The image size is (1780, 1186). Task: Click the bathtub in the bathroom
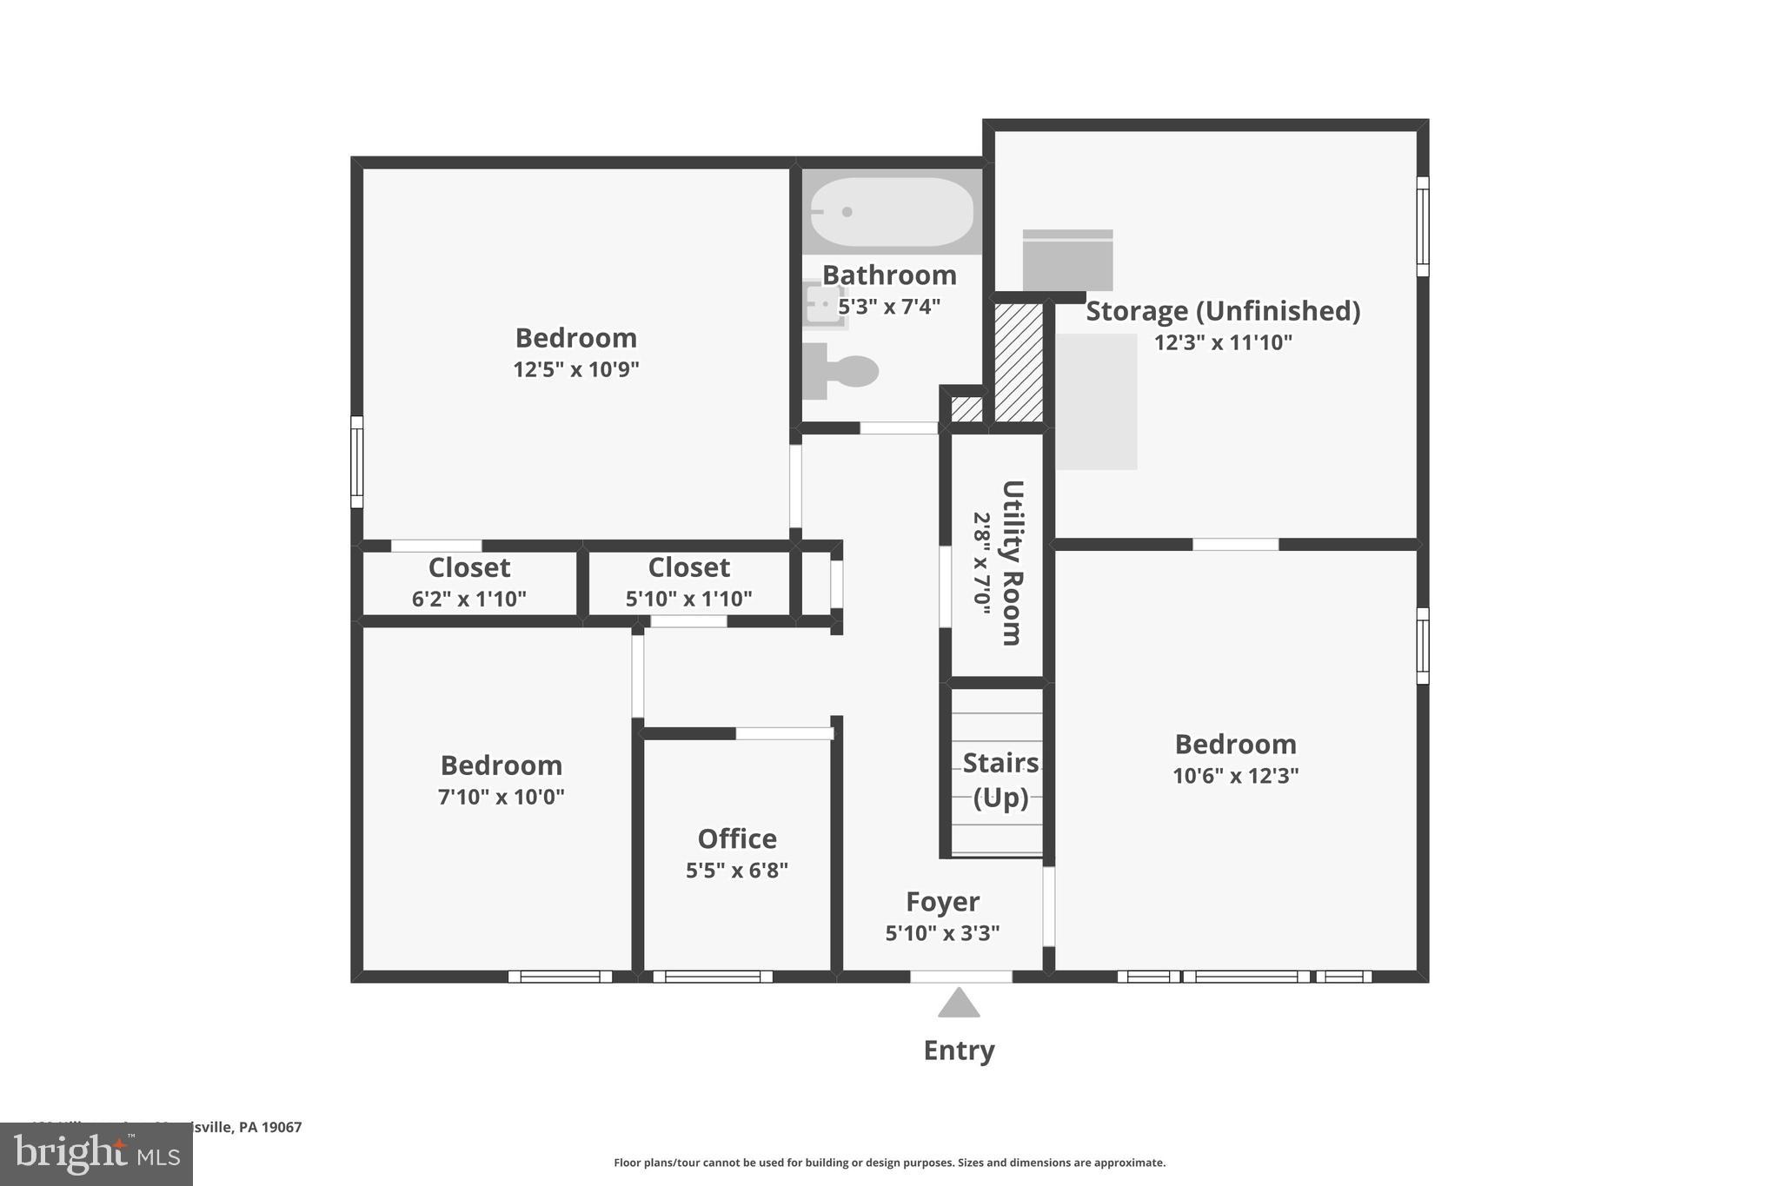point(892,212)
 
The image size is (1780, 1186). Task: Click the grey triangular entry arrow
point(959,1004)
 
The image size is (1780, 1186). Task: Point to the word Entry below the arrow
point(959,1050)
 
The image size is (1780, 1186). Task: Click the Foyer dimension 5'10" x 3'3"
point(942,933)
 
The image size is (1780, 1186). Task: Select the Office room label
point(737,838)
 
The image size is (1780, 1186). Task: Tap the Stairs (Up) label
point(1000,779)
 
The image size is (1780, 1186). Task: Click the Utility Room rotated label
point(1012,562)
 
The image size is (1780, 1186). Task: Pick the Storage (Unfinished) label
point(1223,311)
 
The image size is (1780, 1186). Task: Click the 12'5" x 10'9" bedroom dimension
point(575,369)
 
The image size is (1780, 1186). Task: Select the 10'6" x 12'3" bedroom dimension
point(1235,776)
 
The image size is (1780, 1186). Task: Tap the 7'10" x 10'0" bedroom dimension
point(501,797)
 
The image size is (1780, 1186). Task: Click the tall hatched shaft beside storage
point(1018,361)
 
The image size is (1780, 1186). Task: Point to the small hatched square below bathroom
point(966,408)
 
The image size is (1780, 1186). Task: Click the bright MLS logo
point(96,1154)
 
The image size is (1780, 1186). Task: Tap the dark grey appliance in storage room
point(1067,261)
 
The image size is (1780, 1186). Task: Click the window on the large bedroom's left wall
point(356,461)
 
